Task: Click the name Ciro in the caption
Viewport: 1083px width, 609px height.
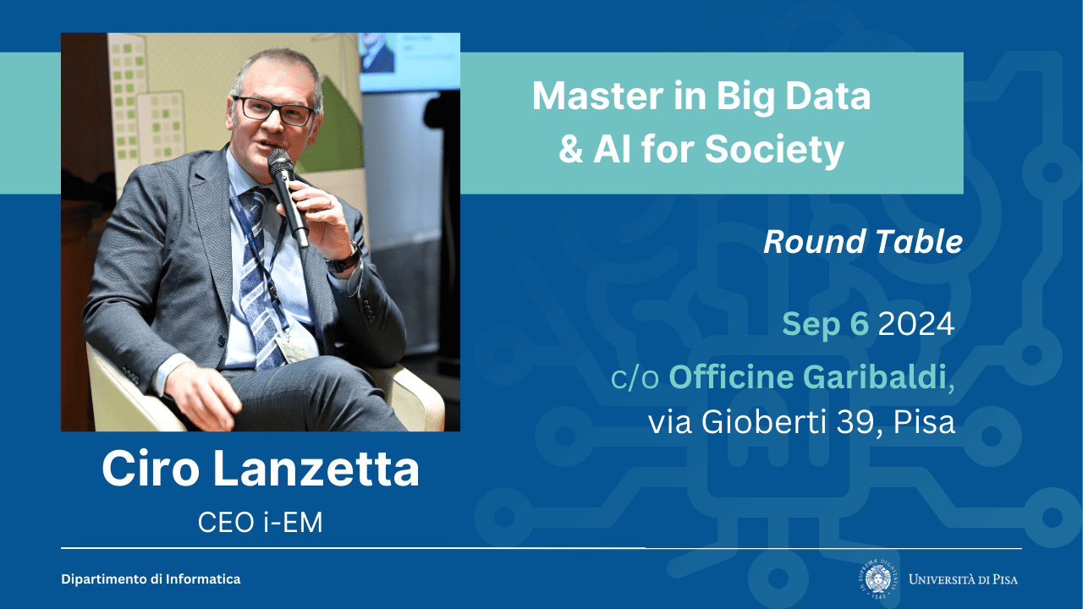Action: [x=151, y=469]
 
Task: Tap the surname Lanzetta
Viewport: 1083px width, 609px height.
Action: [x=316, y=469]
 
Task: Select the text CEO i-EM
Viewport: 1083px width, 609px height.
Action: [x=260, y=522]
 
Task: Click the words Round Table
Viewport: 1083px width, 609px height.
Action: [x=863, y=241]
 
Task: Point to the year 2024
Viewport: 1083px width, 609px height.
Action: [x=916, y=323]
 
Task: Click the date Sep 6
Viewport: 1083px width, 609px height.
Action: [x=825, y=324]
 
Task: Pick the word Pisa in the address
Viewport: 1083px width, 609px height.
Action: [x=924, y=421]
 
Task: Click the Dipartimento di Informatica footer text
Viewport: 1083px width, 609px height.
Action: [x=151, y=579]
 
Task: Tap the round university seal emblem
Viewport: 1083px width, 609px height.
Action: [x=878, y=579]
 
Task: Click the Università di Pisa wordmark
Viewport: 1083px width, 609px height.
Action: [x=963, y=579]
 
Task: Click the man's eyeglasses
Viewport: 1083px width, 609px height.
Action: [x=274, y=111]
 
